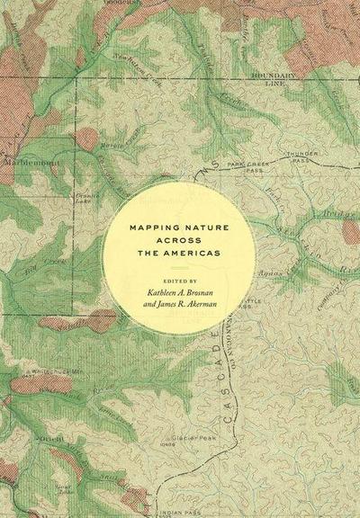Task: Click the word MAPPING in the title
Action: pyautogui.click(x=148, y=230)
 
